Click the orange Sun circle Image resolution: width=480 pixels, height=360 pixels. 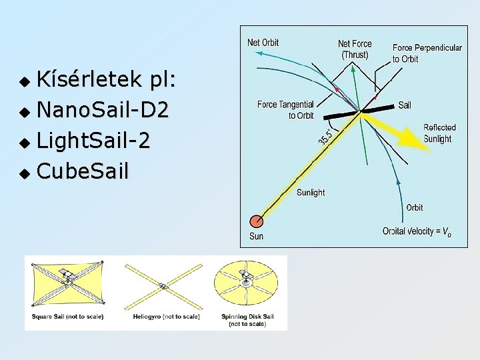point(256,221)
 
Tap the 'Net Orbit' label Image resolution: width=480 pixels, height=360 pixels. point(263,43)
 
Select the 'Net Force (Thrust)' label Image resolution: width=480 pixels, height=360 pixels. point(355,49)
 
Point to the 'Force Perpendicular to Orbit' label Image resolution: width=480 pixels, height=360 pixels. point(427,53)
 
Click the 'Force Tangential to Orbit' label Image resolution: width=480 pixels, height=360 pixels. point(285,110)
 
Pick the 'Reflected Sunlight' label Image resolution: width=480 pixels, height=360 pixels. point(439,133)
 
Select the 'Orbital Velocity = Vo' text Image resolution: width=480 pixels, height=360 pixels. point(417,231)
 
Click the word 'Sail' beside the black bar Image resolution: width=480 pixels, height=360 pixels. point(405,105)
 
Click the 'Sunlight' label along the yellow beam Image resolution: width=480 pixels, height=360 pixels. point(310,193)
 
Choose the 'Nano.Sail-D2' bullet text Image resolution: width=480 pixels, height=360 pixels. point(102,107)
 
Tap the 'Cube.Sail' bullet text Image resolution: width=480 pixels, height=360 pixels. point(83,171)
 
